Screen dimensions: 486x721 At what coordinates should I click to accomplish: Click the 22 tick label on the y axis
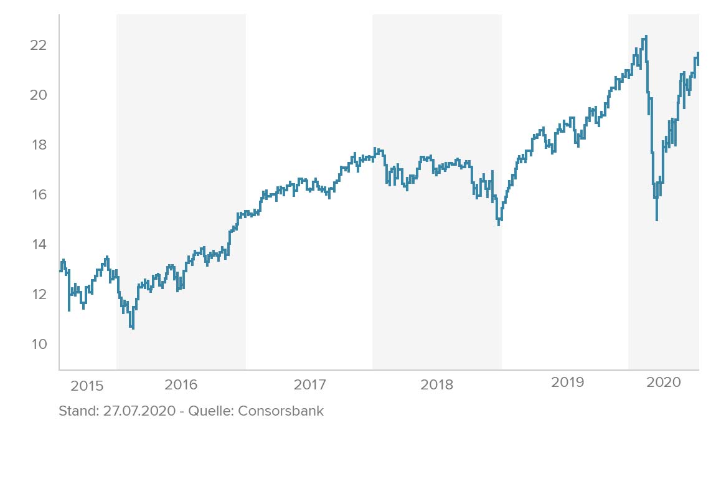[39, 45]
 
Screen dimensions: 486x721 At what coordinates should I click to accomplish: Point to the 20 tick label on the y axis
[39, 95]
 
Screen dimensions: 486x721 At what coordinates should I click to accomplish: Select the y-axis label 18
[39, 145]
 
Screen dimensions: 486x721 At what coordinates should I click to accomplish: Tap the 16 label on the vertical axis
[39, 195]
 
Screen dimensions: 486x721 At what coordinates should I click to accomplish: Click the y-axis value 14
[39, 244]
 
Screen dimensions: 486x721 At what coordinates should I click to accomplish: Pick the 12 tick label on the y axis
[39, 294]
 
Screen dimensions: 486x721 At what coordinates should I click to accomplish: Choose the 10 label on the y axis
[39, 344]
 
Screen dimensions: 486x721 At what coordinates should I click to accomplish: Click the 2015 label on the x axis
[87, 386]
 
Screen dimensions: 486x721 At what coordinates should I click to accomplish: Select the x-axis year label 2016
[181, 384]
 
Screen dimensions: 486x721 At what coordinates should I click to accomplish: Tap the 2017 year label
[309, 384]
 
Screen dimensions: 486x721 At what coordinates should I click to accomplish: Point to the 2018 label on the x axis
[437, 384]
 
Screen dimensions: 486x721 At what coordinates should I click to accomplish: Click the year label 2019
[567, 383]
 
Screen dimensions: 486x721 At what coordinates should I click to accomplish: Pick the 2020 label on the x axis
[664, 383]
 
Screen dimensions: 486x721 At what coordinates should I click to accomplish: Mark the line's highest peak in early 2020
[646, 36]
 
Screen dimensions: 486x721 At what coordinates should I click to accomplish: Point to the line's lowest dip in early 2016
[133, 328]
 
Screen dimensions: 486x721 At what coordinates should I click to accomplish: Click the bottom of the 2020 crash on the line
[656, 219]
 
